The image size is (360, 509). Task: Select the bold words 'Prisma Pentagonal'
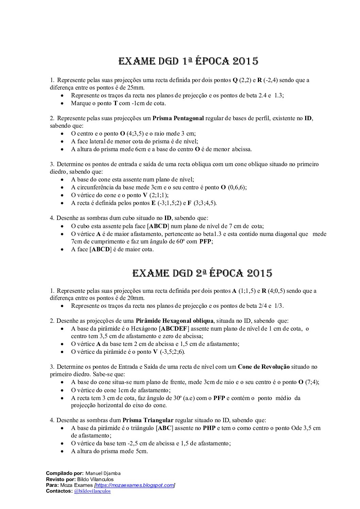178,118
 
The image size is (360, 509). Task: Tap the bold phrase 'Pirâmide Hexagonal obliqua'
175,321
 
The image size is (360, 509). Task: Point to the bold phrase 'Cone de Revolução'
264,367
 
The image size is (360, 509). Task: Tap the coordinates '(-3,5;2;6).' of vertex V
172,352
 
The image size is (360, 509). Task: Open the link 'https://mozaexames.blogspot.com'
135,485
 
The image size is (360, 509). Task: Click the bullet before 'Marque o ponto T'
62,103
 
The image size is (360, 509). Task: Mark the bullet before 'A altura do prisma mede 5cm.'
62,451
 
